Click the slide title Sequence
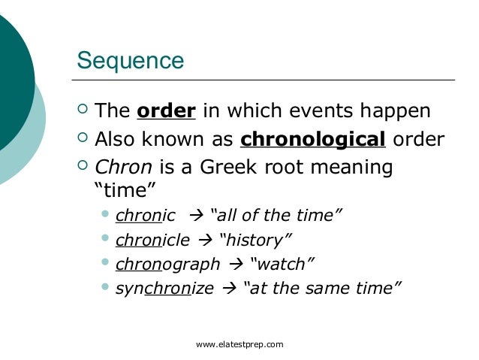point(131,60)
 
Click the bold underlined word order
point(167,111)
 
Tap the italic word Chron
point(123,167)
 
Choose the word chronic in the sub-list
point(145,216)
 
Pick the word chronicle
point(152,240)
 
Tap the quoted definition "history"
point(257,240)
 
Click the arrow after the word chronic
point(199,217)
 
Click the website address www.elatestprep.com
point(239,344)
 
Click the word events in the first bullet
point(322,111)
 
